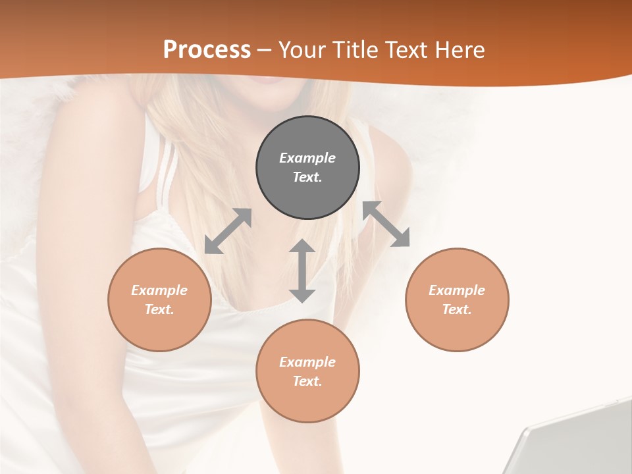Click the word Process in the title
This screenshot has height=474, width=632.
[x=207, y=50]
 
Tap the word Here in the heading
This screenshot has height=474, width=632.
[x=458, y=50]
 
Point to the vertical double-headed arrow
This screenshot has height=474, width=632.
[x=302, y=271]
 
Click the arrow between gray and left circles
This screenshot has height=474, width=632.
[x=228, y=231]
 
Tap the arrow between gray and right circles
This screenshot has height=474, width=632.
[x=386, y=224]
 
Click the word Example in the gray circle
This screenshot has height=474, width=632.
[x=307, y=158]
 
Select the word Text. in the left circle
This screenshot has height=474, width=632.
[x=159, y=309]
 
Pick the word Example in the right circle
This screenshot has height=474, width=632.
[x=457, y=290]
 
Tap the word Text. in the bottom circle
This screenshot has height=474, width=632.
[x=307, y=381]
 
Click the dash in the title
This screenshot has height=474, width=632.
[x=265, y=50]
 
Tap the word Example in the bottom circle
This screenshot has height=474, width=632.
[x=307, y=362]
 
